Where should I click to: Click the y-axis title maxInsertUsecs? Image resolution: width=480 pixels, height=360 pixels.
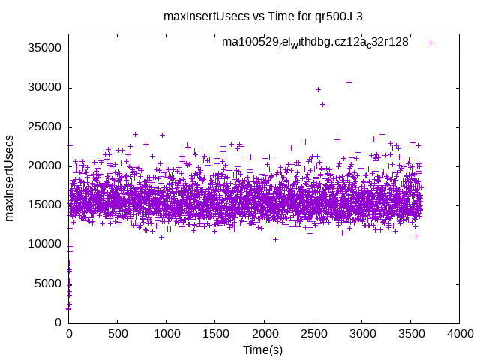tap(10, 178)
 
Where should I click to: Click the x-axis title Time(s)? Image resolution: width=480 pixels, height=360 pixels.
tap(263, 350)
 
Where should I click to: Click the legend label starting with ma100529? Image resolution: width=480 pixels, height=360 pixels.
tap(315, 43)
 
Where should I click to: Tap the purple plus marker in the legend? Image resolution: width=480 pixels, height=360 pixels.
tap(430, 43)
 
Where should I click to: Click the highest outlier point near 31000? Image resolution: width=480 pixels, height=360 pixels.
tap(349, 82)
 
